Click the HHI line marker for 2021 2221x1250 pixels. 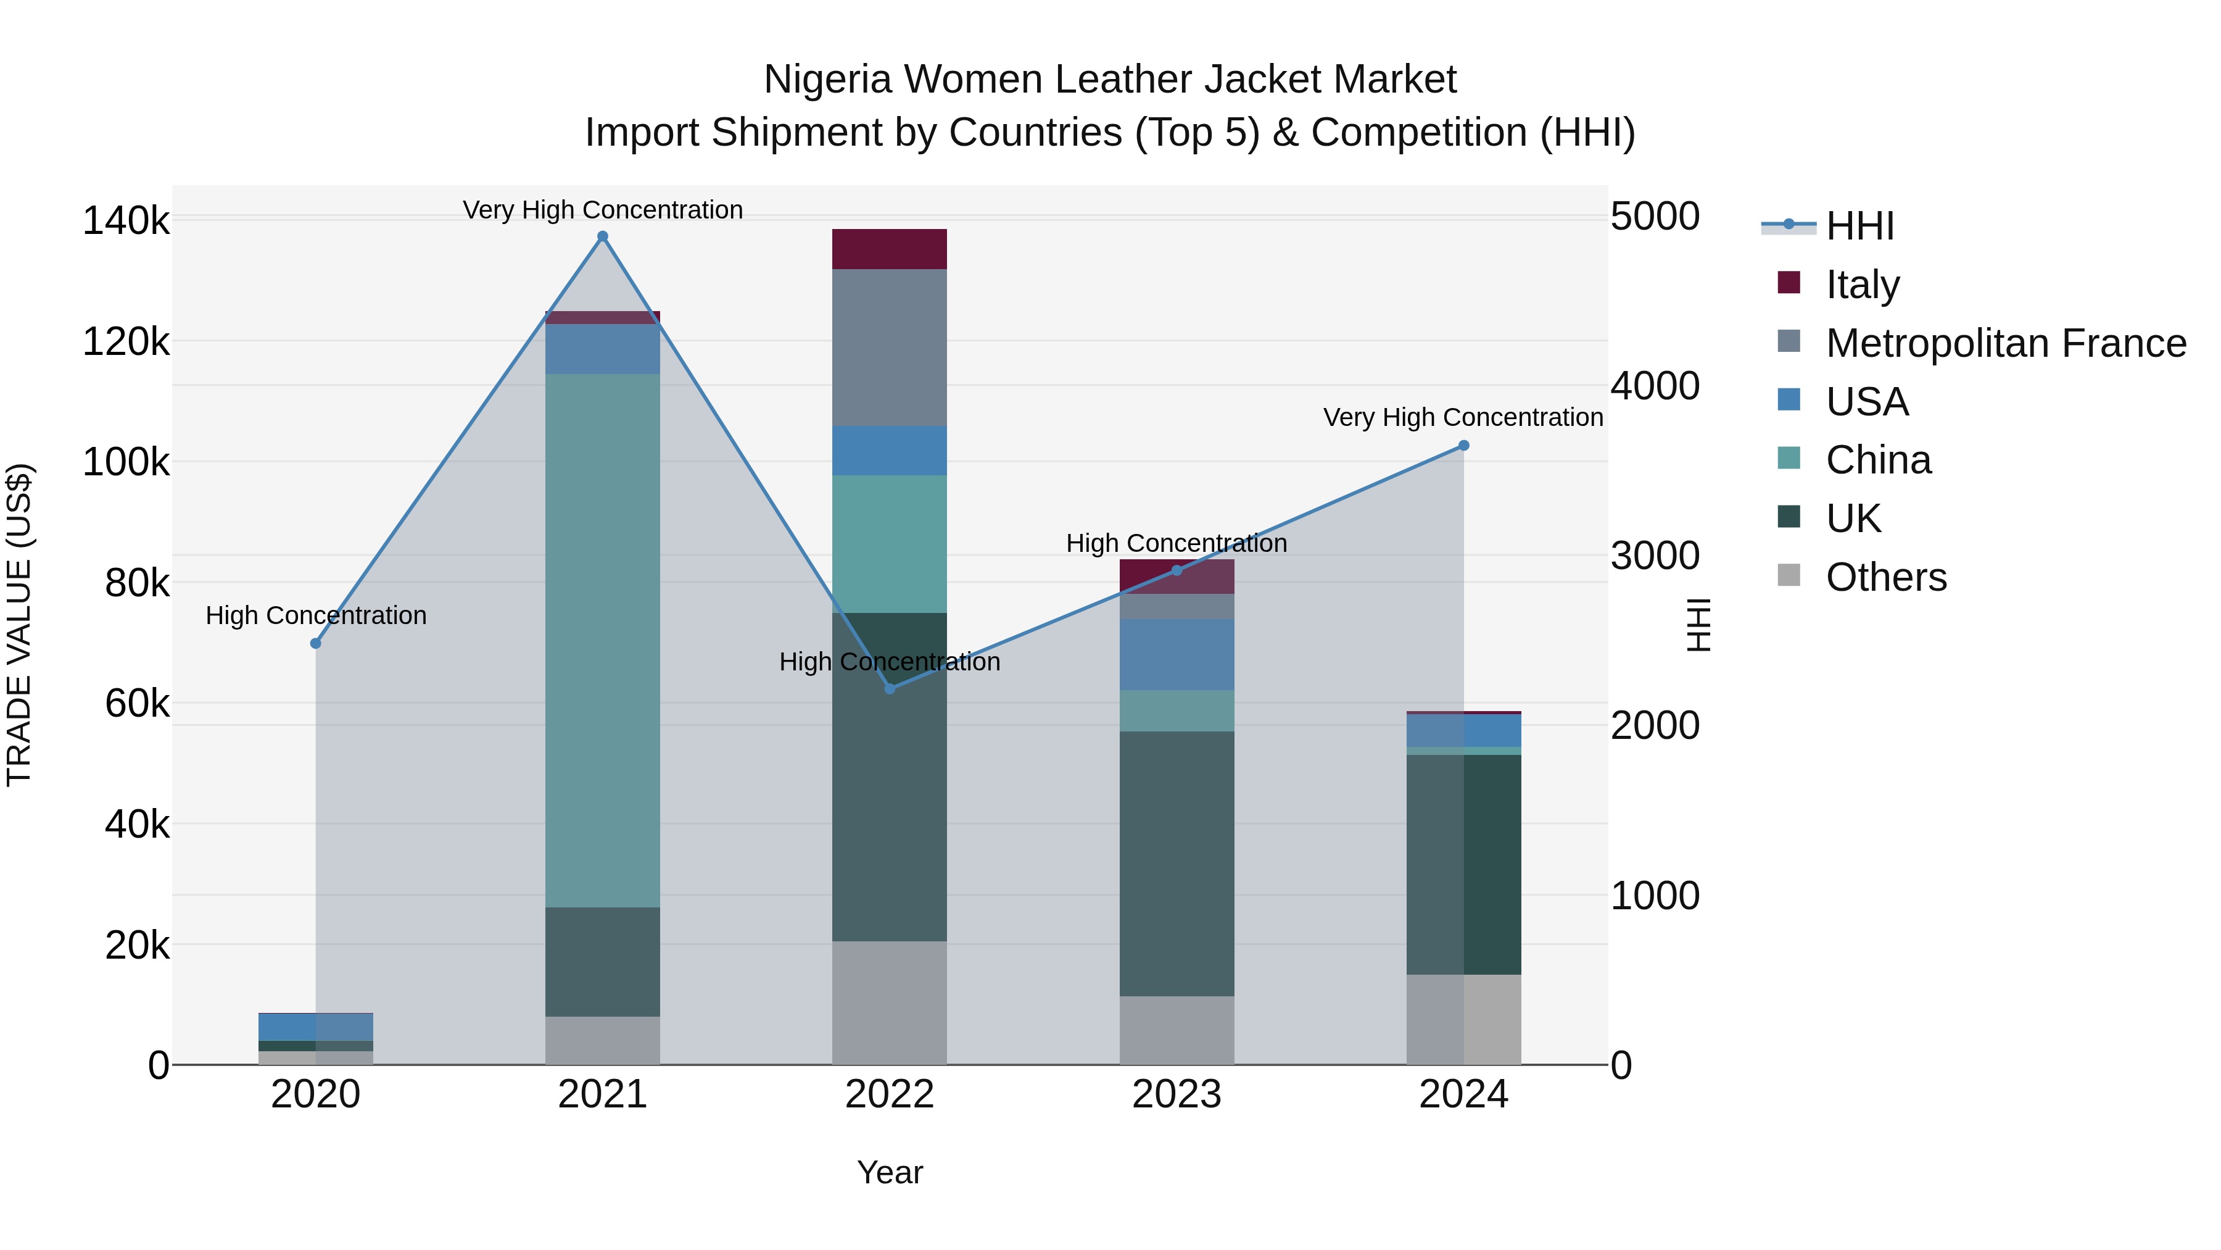(x=603, y=236)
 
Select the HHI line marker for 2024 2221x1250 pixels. (x=1463, y=446)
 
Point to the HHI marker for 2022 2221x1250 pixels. (x=890, y=688)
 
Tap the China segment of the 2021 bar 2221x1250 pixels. (x=603, y=640)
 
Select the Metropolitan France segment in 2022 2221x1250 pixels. (x=889, y=347)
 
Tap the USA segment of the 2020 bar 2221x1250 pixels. (x=315, y=1027)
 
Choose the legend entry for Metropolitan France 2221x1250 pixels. (x=2006, y=343)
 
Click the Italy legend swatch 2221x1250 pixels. (x=1789, y=283)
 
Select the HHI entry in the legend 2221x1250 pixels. (x=1859, y=226)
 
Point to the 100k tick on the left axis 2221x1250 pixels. (x=126, y=462)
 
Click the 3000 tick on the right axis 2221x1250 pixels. (x=1655, y=556)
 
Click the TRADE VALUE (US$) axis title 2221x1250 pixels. (x=19, y=625)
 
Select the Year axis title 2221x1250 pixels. (x=890, y=1172)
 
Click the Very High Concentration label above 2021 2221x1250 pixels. (x=603, y=210)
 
